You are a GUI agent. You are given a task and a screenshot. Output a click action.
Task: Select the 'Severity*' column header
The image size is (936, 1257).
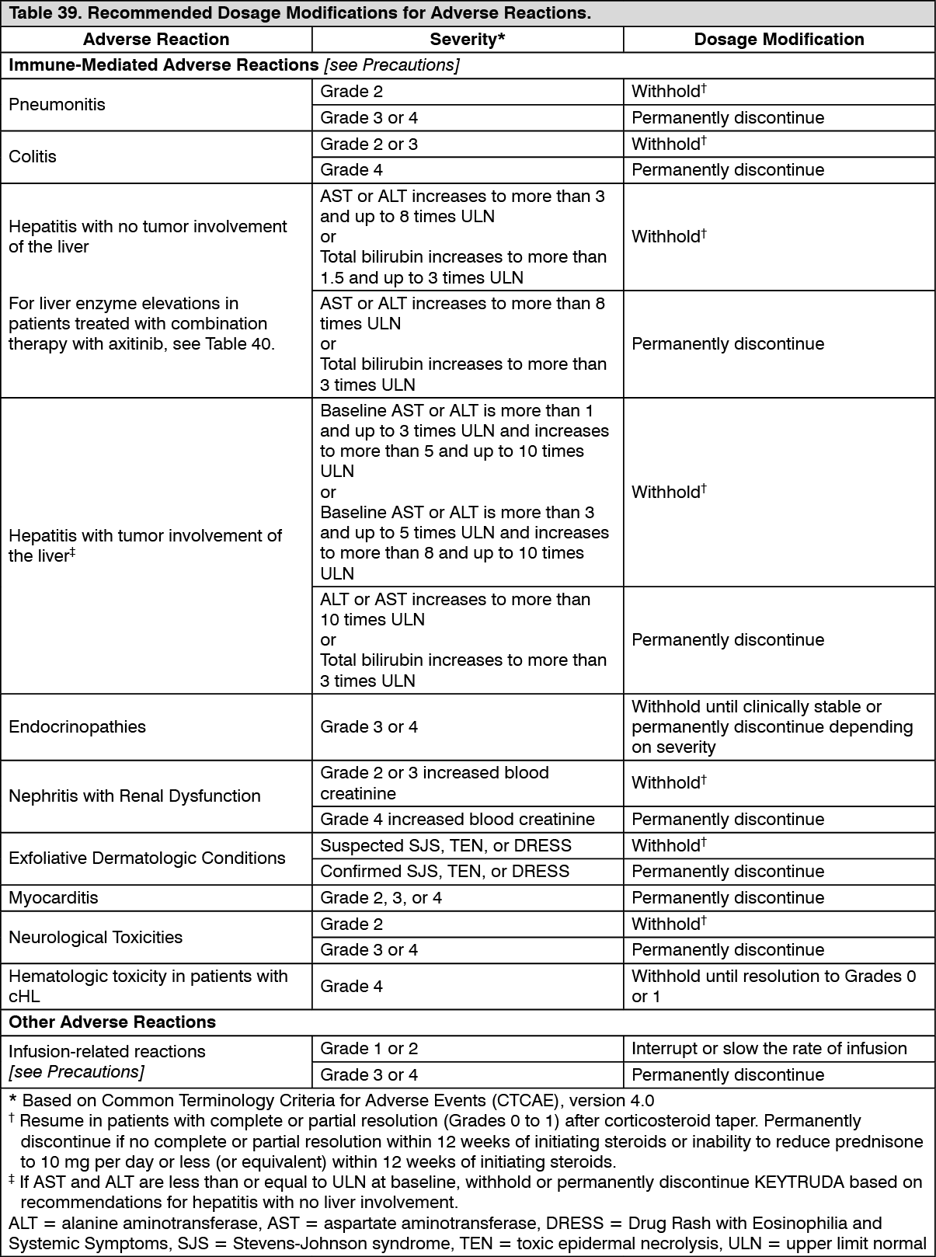(x=468, y=40)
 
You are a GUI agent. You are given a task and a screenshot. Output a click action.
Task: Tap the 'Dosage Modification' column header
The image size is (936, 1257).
(x=778, y=40)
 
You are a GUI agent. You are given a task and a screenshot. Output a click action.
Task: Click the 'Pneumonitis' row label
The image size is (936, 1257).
(x=57, y=105)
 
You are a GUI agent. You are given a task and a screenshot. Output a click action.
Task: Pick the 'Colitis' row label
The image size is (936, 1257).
(x=33, y=157)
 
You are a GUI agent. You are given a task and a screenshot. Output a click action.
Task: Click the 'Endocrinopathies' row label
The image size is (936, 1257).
(x=77, y=727)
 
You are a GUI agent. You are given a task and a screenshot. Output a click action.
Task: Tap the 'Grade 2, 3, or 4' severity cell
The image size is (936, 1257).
(x=381, y=898)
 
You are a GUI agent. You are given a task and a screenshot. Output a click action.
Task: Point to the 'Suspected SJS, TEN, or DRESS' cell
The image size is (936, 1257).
(x=445, y=846)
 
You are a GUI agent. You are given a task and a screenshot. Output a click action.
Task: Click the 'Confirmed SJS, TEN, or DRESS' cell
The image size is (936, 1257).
(x=444, y=872)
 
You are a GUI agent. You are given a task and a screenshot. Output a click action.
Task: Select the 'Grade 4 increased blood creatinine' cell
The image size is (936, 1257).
(x=457, y=820)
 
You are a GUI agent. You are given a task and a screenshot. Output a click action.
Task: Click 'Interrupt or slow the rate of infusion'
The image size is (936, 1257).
(x=768, y=1049)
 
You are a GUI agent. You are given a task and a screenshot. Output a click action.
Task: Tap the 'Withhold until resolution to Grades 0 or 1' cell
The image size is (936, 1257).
(x=773, y=987)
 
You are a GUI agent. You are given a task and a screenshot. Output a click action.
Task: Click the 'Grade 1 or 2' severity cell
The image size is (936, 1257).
(x=369, y=1049)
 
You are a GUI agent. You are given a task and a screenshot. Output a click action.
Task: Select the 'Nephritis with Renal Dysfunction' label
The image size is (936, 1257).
(x=134, y=796)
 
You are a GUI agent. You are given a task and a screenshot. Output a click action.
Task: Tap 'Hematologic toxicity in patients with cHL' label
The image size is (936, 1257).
(x=148, y=987)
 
